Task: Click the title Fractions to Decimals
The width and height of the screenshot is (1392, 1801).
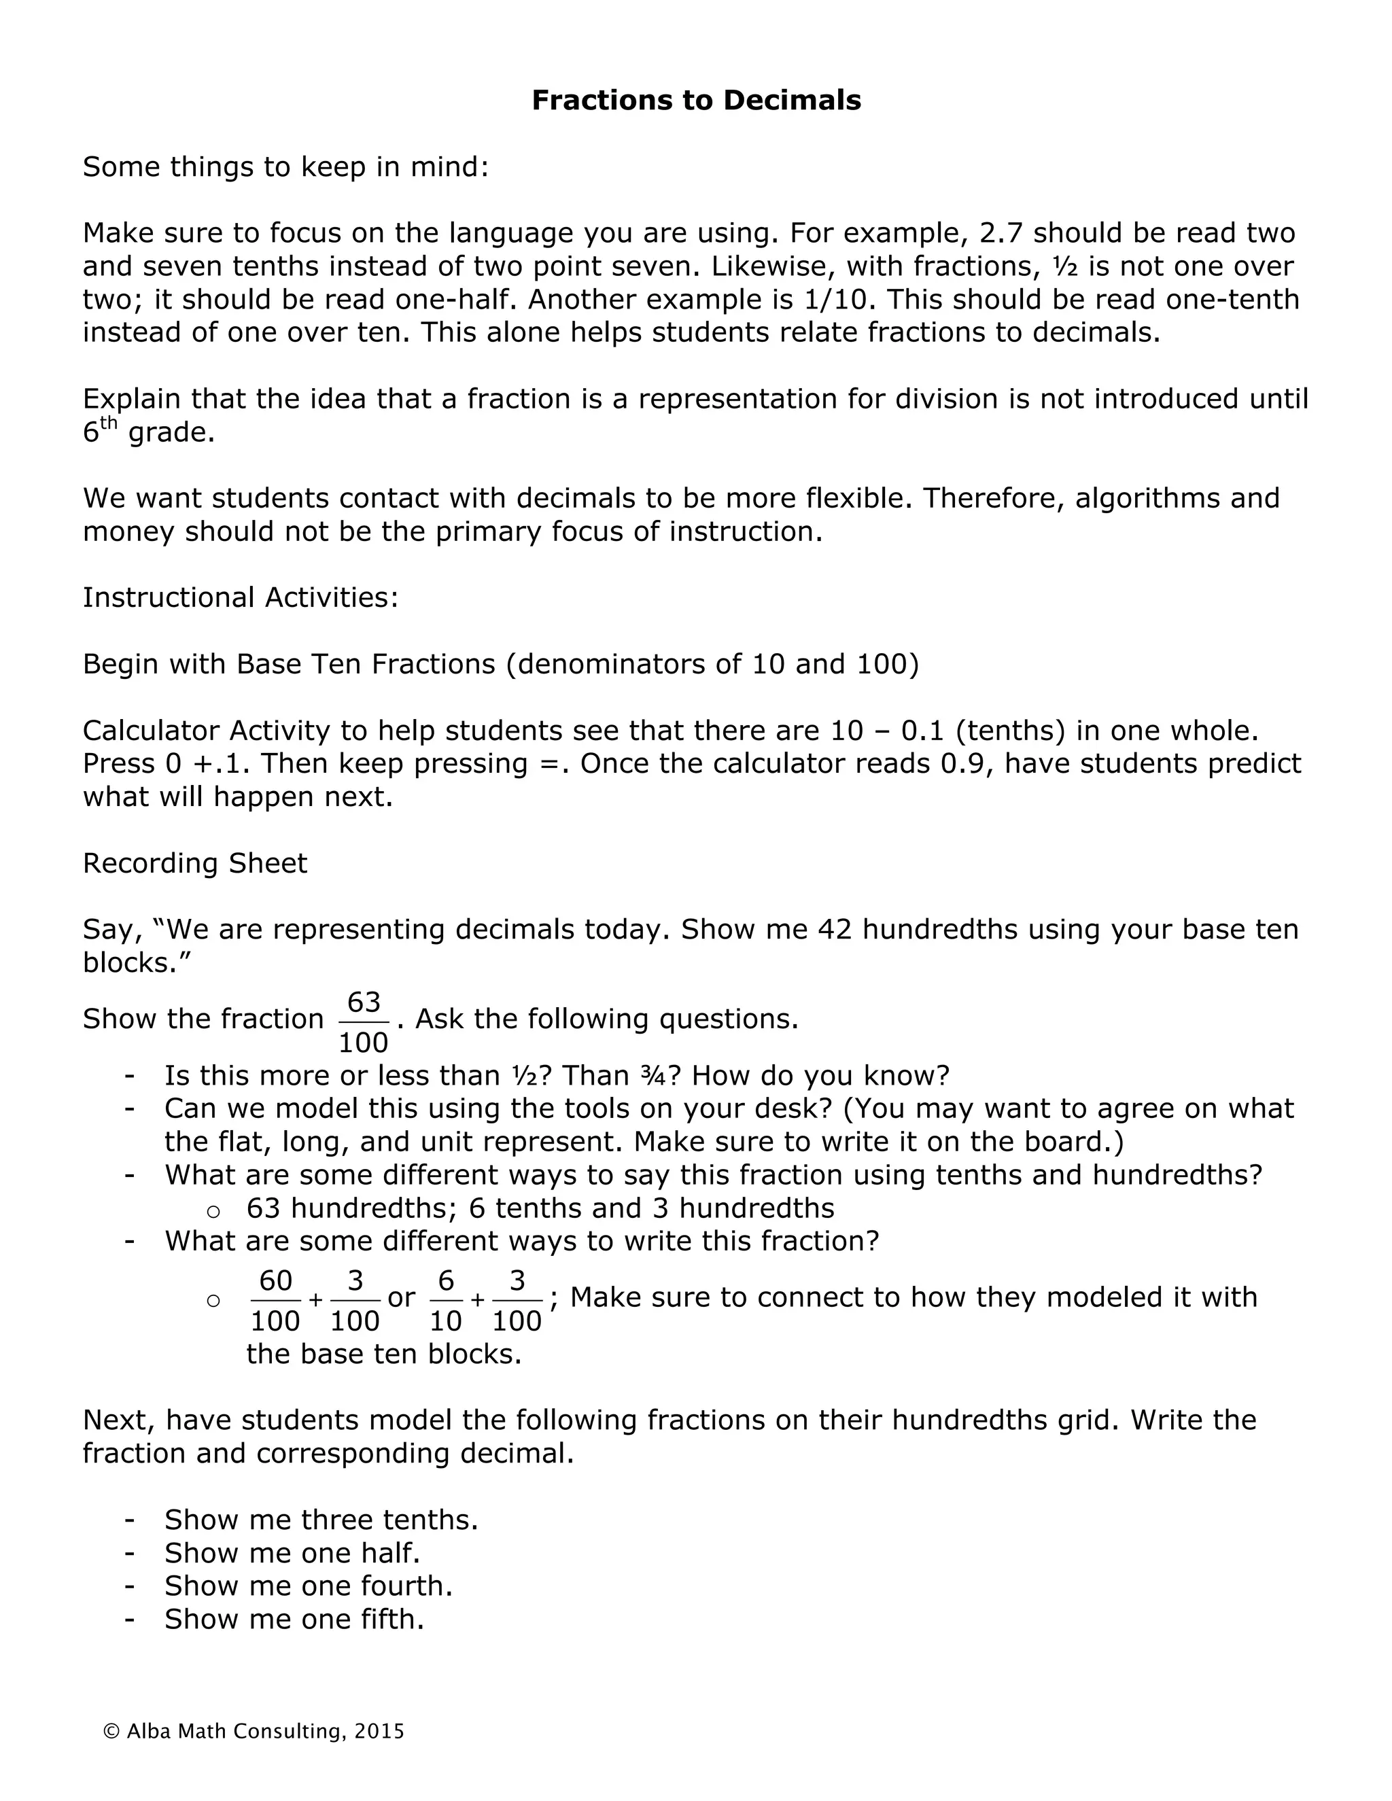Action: pos(696,101)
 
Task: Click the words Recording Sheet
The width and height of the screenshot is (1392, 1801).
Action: pos(194,863)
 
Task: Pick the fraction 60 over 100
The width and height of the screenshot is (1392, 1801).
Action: pos(275,1300)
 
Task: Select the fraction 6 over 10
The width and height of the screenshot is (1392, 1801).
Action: pos(445,1300)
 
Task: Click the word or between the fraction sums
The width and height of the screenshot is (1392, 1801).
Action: pos(401,1298)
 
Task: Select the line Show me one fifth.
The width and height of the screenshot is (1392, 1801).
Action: pos(294,1620)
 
